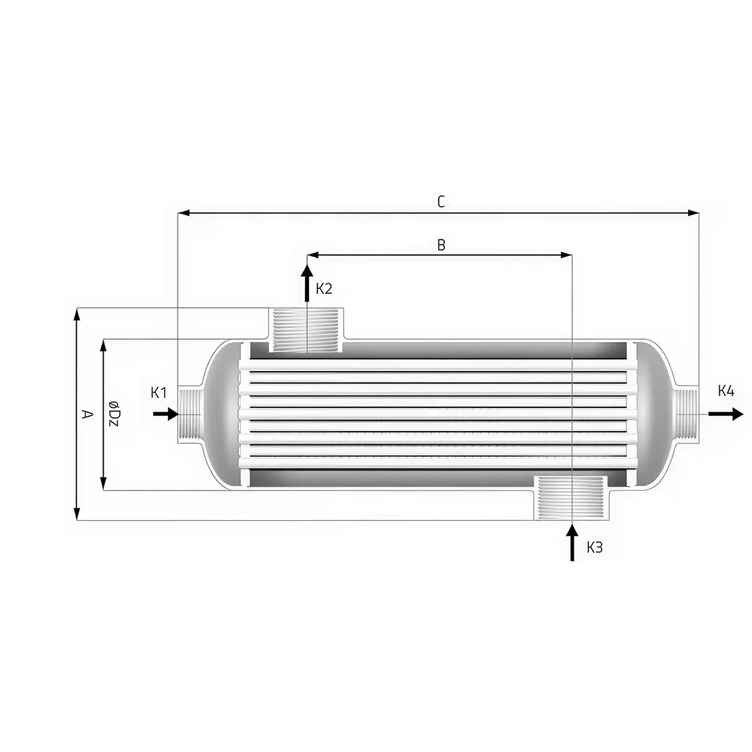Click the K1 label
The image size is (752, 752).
point(158,392)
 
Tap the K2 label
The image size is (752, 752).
point(324,289)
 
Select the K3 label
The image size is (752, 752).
point(594,547)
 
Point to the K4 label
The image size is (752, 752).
point(726,391)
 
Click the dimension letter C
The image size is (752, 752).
point(441,202)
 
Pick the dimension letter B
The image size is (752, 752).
point(441,245)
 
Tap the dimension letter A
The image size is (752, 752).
point(87,414)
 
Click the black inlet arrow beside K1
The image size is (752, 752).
point(166,414)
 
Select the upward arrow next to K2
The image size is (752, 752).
point(307,283)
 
